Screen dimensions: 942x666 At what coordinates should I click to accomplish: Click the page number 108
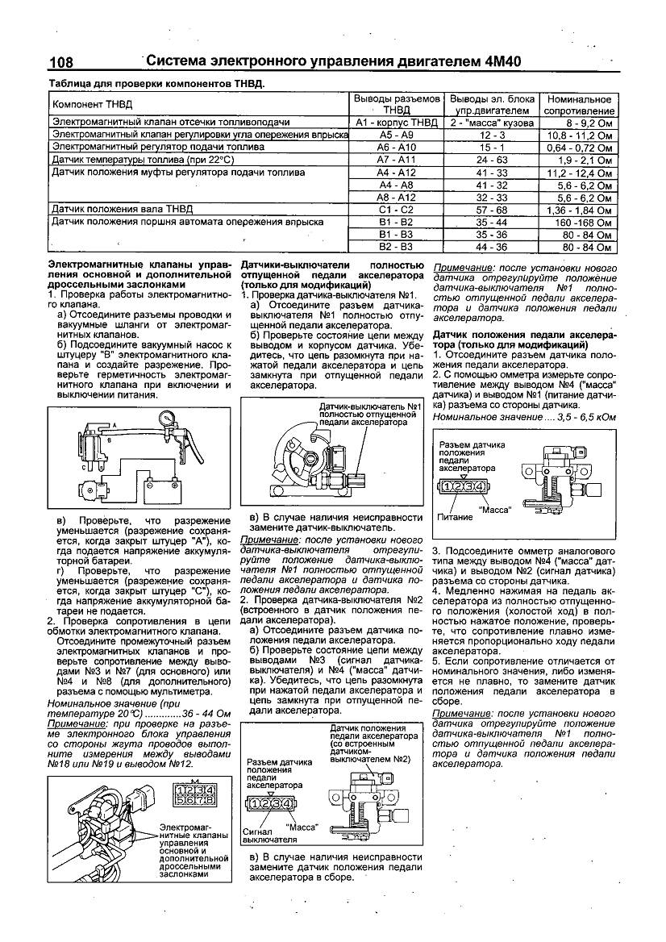pyautogui.click(x=61, y=61)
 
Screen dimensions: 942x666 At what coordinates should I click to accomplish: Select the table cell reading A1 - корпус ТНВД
pyautogui.click(x=396, y=123)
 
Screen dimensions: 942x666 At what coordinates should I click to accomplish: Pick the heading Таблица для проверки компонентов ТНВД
pyautogui.click(x=157, y=83)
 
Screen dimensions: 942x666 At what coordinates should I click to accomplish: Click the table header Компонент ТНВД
pyautogui.click(x=93, y=105)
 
